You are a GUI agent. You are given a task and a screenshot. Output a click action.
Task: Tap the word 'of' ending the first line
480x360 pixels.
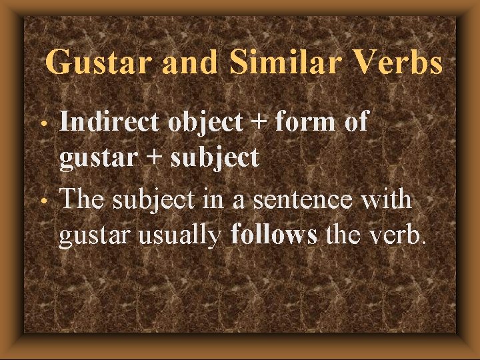point(356,123)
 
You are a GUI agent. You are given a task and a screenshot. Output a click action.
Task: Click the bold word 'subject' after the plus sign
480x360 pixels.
point(214,159)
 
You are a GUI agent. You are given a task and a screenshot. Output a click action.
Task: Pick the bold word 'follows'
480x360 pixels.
point(274,235)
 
